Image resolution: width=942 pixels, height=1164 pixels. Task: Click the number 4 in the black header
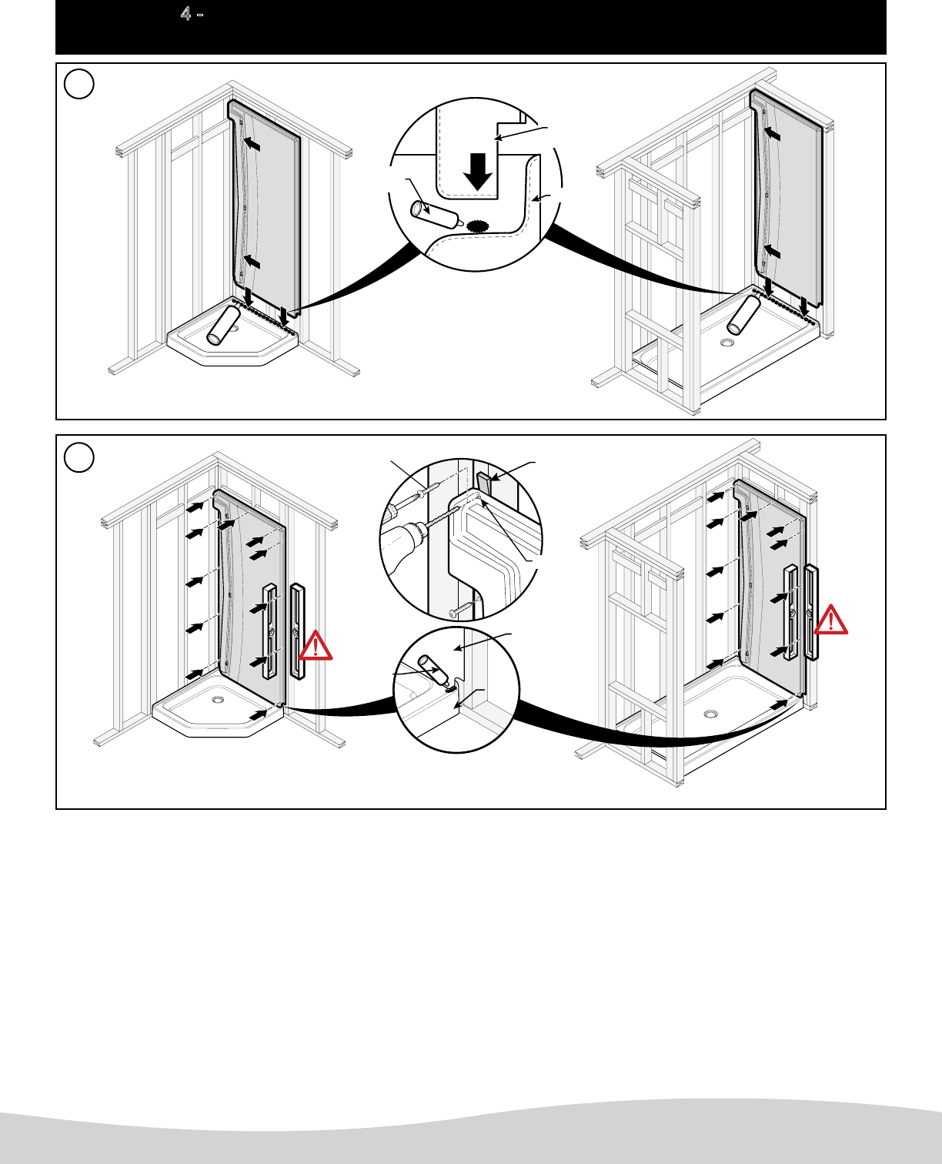185,14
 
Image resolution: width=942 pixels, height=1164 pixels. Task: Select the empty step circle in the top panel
79,84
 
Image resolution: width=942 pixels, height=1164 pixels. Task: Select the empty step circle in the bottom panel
79,457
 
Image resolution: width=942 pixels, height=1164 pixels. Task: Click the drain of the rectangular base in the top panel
728,343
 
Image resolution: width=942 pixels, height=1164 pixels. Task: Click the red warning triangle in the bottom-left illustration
316,647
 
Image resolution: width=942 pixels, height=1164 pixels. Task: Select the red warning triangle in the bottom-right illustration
831,620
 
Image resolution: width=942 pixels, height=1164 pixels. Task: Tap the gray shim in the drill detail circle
484,484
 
